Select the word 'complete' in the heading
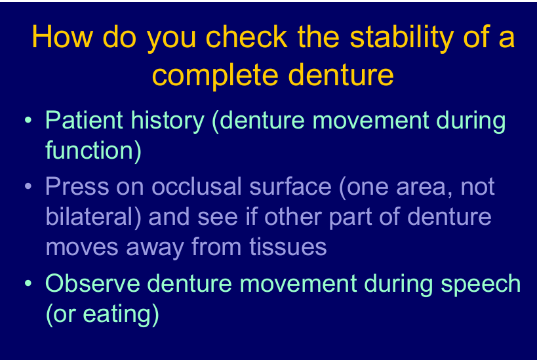(215, 75)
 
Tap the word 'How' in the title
(62, 36)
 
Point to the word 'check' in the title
(247, 36)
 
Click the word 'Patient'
(84, 120)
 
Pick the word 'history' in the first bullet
(167, 121)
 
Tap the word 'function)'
(94, 151)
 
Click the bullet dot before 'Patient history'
(28, 120)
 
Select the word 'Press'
(77, 186)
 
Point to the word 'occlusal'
(197, 186)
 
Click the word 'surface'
(290, 186)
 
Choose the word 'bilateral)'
(93, 217)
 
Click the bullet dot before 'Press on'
(28, 186)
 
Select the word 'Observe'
(92, 284)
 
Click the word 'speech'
(481, 285)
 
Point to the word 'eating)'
(121, 315)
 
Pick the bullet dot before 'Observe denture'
(28, 283)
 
